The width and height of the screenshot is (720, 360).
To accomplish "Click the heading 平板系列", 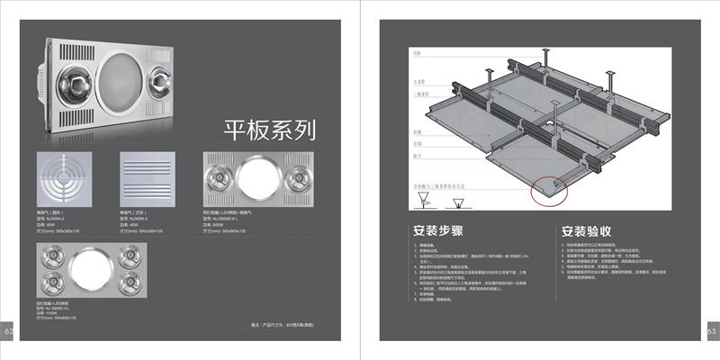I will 269,131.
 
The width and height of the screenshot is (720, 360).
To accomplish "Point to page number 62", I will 8,331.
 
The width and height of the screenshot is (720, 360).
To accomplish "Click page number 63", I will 711,331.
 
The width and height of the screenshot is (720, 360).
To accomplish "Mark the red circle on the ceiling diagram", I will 551,187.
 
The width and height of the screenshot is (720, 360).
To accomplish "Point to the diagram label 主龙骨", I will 418,79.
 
